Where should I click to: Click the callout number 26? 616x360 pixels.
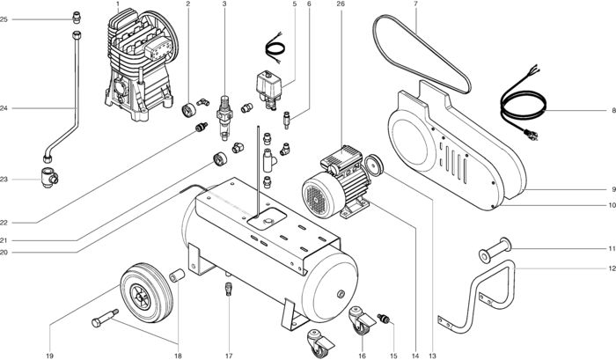click(x=339, y=4)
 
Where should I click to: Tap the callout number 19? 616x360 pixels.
click(x=50, y=356)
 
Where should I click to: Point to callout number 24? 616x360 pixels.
click(x=4, y=108)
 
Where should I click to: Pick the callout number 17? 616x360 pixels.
click(x=228, y=356)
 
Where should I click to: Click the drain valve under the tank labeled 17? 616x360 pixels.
click(x=228, y=289)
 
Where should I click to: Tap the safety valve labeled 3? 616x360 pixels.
click(x=225, y=115)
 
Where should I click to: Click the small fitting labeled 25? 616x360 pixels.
click(x=77, y=17)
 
